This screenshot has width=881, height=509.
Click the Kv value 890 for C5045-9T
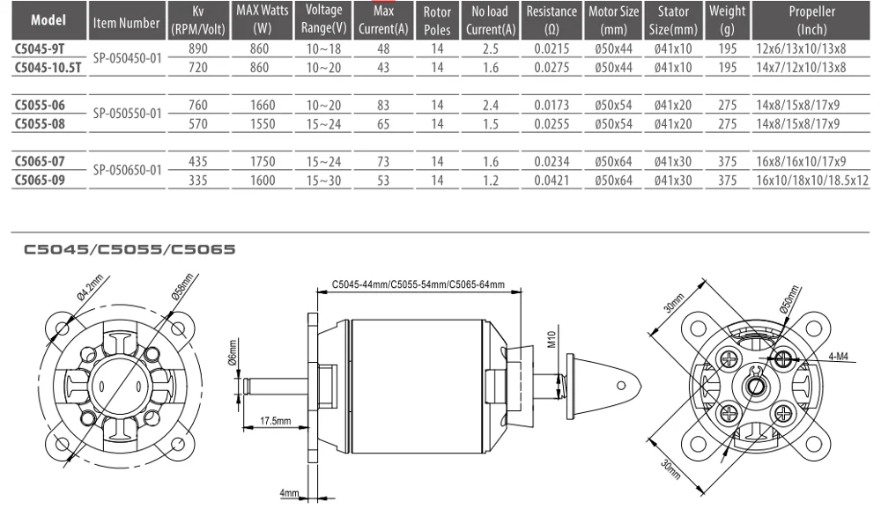(x=199, y=50)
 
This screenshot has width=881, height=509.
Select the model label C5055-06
(x=41, y=105)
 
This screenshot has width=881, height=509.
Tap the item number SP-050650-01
(x=127, y=170)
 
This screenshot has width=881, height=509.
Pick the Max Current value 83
(x=383, y=105)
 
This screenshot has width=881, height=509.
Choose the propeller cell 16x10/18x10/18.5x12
(x=812, y=181)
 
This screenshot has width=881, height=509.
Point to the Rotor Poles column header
(x=437, y=21)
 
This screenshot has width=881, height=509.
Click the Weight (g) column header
(x=727, y=21)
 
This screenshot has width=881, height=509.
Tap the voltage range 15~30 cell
(x=323, y=181)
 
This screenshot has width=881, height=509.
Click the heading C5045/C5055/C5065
(x=130, y=249)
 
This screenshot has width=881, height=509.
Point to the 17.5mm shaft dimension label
(x=275, y=421)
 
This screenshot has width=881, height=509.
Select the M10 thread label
(x=552, y=339)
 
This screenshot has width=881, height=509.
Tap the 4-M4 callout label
(x=839, y=358)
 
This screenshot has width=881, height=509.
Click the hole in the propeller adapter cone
(x=621, y=385)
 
